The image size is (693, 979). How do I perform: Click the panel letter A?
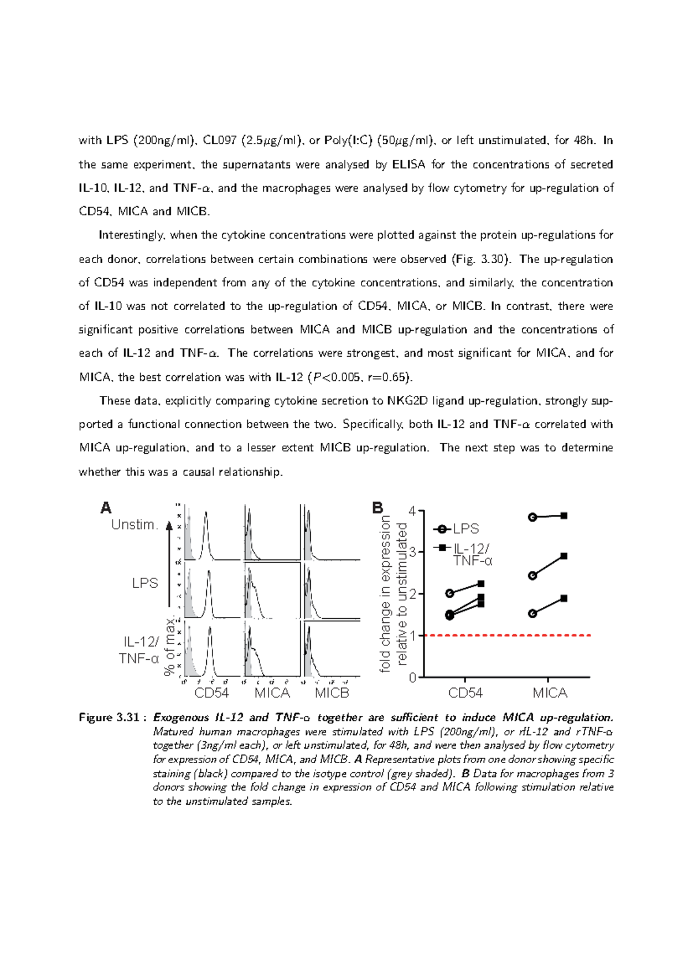pyautogui.click(x=106, y=508)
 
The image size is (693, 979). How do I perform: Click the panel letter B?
pyautogui.click(x=378, y=508)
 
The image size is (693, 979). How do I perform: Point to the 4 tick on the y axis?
pyautogui.click(x=412, y=511)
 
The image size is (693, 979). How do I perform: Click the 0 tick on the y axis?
pyautogui.click(x=412, y=678)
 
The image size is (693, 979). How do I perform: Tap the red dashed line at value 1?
pyautogui.click(x=508, y=636)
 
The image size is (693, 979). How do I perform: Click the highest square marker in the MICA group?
pyautogui.click(x=564, y=515)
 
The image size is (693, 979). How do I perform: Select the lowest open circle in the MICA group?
pyautogui.click(x=533, y=614)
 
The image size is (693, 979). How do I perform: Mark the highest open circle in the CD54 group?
pyautogui.click(x=450, y=593)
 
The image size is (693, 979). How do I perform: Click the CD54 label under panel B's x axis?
pyautogui.click(x=465, y=693)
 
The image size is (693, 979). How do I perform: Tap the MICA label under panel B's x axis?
pyautogui.click(x=550, y=693)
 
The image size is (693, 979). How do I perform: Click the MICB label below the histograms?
pyautogui.click(x=332, y=693)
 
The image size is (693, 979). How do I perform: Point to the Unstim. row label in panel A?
pyautogui.click(x=135, y=525)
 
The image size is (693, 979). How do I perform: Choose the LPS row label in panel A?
pyautogui.click(x=145, y=583)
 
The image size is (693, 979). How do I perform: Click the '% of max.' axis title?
pyautogui.click(x=169, y=646)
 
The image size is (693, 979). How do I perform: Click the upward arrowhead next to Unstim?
pyautogui.click(x=169, y=526)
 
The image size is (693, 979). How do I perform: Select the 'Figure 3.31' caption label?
pyautogui.click(x=109, y=718)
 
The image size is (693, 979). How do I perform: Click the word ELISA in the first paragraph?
pyautogui.click(x=408, y=165)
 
